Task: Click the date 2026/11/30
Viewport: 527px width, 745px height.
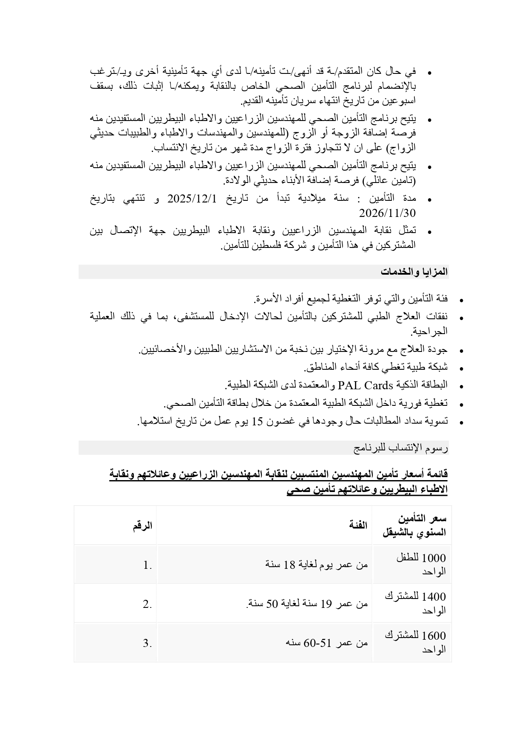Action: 387,213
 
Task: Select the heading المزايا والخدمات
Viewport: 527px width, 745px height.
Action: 414,272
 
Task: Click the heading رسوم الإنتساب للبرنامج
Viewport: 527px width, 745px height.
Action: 401,448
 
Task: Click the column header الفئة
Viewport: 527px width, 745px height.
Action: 358,525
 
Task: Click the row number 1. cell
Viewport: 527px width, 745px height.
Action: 147,565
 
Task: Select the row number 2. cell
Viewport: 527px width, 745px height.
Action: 147,604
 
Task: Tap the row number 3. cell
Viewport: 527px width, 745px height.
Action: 147,643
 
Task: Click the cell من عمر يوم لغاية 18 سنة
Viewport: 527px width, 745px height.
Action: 317,565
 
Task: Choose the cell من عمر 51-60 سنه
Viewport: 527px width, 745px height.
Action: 326,643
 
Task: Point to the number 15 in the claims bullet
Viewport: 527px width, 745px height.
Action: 258,422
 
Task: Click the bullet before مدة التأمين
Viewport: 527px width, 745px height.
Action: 430,200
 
